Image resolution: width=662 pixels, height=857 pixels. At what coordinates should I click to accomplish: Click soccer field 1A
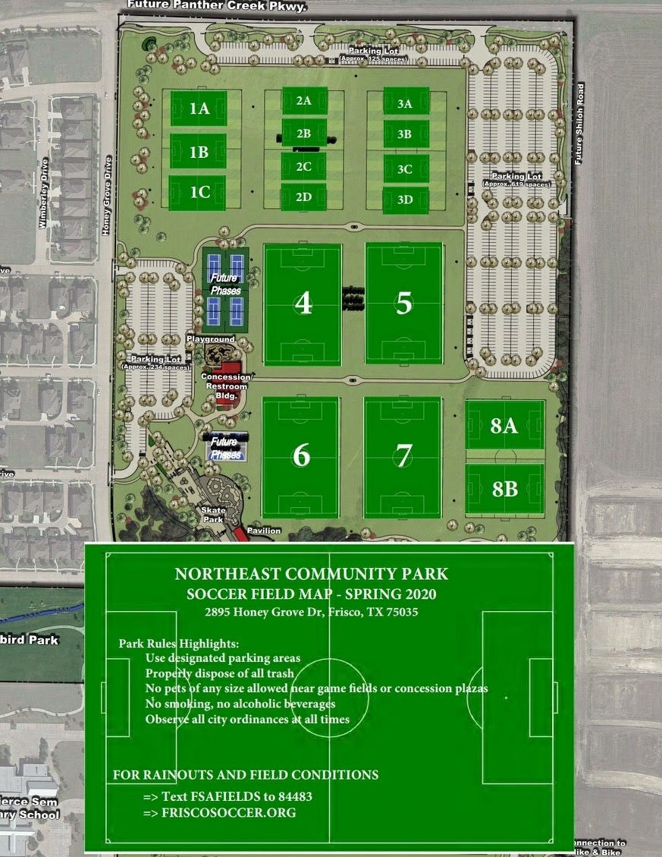coord(199,109)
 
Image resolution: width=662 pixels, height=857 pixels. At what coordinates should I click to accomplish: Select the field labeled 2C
coord(303,167)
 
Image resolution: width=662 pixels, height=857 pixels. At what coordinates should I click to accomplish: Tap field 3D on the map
coord(405,200)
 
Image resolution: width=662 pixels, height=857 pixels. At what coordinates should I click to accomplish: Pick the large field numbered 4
coord(303,304)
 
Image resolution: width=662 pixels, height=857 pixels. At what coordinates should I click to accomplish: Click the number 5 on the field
coord(403,303)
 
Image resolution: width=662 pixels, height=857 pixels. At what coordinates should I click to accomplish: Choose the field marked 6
coord(301,455)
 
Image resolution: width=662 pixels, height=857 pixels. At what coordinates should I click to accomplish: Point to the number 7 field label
coord(403,455)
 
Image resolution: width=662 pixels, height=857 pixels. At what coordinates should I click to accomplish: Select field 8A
coord(504,426)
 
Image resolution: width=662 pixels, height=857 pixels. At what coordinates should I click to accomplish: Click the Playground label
coord(211,339)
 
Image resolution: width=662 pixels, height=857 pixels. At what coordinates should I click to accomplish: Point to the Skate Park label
coord(214,515)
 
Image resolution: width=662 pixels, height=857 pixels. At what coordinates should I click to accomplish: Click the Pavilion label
coord(263,531)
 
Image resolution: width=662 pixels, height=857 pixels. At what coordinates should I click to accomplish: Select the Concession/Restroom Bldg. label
coord(226,386)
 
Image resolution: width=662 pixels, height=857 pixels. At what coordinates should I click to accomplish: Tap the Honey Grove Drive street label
coord(107,196)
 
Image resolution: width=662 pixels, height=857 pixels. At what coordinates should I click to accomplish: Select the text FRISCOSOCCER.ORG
coord(228,813)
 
